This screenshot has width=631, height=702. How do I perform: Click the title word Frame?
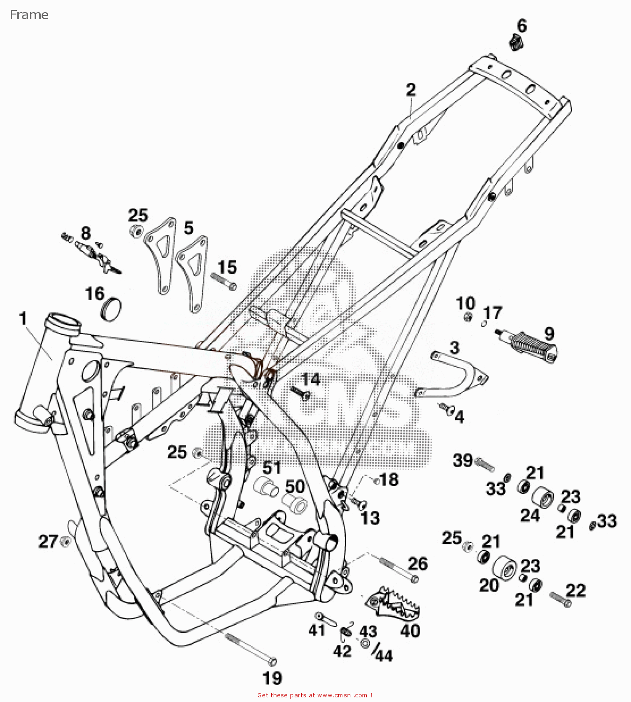pyautogui.click(x=29, y=15)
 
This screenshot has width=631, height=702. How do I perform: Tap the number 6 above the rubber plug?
pyautogui.click(x=522, y=26)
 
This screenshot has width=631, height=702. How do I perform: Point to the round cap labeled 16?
pyautogui.click(x=111, y=308)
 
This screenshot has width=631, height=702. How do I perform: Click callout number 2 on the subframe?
pyautogui.click(x=411, y=89)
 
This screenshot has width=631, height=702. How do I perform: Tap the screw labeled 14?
pyautogui.click(x=300, y=393)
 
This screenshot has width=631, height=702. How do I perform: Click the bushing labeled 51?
pyautogui.click(x=266, y=487)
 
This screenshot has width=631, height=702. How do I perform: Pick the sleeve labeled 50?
pyautogui.click(x=295, y=503)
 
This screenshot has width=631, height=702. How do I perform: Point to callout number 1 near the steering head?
pyautogui.click(x=22, y=319)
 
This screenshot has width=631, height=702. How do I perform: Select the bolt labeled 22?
pyautogui.click(x=560, y=600)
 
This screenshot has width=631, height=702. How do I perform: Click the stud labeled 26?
pyautogui.click(x=397, y=569)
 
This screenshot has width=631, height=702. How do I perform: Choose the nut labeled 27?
pyautogui.click(x=66, y=542)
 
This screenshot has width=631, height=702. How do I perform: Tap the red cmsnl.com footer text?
pyautogui.click(x=315, y=695)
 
